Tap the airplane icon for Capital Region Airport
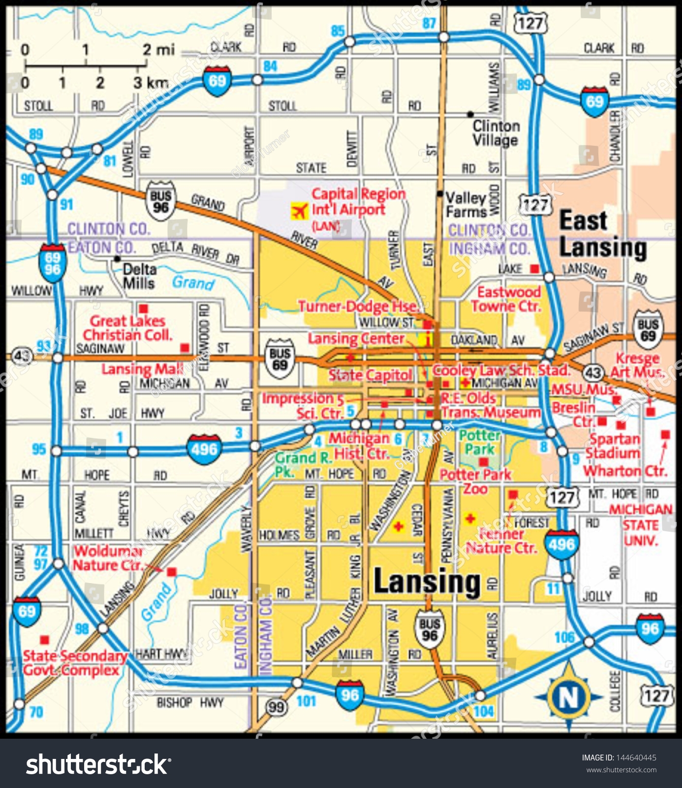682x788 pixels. (x=298, y=211)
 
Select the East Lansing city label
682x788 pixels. (x=603, y=234)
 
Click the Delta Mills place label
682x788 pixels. (x=139, y=276)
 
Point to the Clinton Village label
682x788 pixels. (x=496, y=133)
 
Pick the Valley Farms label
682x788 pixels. (x=465, y=204)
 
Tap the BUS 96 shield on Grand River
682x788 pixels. (x=161, y=201)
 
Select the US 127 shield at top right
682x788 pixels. (x=530, y=22)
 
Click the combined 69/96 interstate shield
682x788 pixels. (x=52, y=263)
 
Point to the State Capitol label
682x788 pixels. (x=370, y=375)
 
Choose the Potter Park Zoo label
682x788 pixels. (x=475, y=482)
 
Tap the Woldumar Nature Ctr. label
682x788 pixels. (x=108, y=558)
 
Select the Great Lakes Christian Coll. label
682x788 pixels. (x=128, y=328)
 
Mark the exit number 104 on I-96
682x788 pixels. (x=484, y=711)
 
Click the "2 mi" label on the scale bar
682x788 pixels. (x=158, y=49)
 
